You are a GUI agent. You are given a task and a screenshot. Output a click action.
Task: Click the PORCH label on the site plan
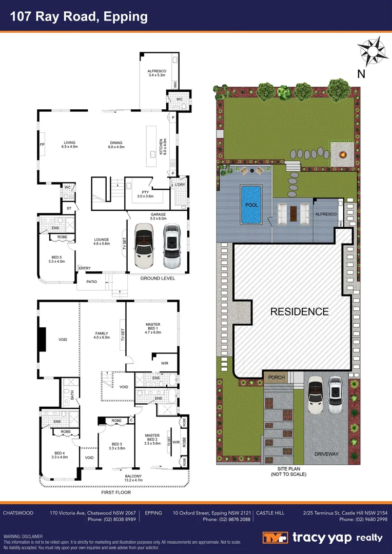click(x=276, y=378)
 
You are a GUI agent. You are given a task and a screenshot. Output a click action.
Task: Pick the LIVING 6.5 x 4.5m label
click(x=70, y=145)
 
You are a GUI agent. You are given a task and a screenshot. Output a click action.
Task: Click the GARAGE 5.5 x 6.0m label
click(x=158, y=216)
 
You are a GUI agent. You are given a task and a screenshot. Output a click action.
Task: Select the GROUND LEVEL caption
click(x=158, y=278)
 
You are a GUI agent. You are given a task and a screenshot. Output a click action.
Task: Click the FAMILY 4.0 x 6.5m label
click(x=102, y=335)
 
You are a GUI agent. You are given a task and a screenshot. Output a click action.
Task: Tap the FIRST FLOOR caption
click(x=116, y=492)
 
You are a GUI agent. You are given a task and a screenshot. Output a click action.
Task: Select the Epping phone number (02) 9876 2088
click(x=226, y=520)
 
